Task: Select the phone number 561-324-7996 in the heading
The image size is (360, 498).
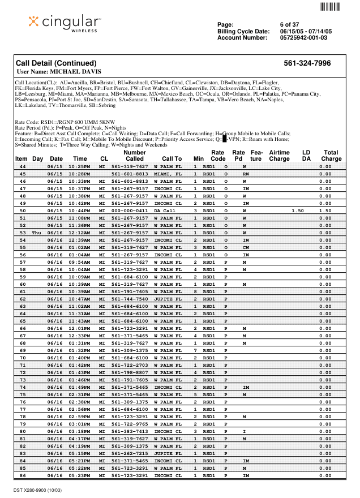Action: [307, 63]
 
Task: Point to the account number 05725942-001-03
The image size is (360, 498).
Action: [303, 37]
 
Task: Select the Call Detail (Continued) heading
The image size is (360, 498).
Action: [56, 63]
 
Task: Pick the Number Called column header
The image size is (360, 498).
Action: [134, 156]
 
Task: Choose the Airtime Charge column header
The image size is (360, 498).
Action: [279, 156]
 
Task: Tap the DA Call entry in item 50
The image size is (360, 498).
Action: [165, 211]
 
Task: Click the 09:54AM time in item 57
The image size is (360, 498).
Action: [79, 262]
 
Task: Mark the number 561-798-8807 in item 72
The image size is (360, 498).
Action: [130, 372]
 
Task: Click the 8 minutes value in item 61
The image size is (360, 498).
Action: [195, 291]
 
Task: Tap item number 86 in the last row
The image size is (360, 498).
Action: [23, 475]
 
